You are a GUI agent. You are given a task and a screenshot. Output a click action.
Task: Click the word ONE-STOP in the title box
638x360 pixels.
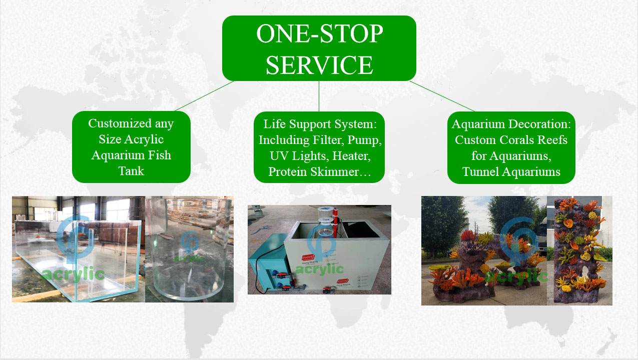(320, 33)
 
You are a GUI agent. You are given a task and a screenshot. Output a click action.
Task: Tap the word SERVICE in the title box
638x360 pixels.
(319, 65)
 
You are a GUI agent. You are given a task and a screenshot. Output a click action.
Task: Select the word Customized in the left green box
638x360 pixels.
(120, 124)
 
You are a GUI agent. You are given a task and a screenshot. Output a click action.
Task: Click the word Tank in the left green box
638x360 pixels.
(131, 171)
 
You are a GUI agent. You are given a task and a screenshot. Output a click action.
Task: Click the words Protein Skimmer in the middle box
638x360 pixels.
(313, 172)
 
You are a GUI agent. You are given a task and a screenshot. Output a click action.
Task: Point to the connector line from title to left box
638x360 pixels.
(204, 96)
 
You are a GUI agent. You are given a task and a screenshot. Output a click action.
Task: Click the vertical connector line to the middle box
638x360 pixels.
(319, 96)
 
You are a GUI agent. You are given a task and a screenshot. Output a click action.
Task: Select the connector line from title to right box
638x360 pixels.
(442, 96)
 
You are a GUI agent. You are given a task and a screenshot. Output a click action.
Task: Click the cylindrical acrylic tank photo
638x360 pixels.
(190, 249)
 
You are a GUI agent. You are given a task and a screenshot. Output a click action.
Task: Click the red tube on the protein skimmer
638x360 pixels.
(336, 223)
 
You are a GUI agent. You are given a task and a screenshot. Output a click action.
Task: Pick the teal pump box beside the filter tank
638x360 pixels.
(268, 262)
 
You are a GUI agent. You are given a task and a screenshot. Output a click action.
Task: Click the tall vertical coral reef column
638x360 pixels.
(579, 250)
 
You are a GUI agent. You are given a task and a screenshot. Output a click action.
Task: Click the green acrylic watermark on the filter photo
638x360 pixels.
(320, 269)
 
